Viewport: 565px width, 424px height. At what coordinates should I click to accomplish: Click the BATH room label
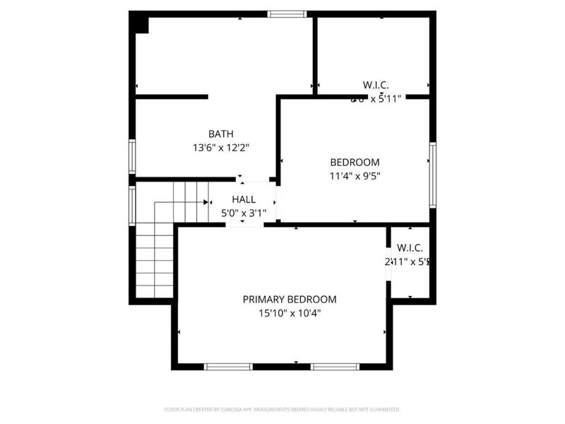tap(220, 134)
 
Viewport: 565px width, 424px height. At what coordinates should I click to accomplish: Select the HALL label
tap(244, 200)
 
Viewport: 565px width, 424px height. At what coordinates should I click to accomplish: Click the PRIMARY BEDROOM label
tap(290, 299)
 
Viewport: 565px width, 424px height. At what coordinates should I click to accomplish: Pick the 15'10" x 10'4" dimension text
tap(290, 313)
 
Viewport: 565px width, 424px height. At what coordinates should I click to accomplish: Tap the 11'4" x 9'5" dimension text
tap(355, 176)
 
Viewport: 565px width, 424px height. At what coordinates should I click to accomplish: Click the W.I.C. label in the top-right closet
tap(376, 85)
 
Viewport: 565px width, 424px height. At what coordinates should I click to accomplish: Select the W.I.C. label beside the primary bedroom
tap(410, 247)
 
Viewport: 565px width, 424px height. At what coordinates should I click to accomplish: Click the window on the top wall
tap(287, 13)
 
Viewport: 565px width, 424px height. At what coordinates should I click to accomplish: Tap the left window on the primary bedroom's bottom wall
tap(228, 366)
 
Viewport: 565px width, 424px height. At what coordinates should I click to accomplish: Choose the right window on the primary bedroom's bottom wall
tap(335, 366)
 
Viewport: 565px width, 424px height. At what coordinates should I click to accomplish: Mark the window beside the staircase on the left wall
tap(132, 206)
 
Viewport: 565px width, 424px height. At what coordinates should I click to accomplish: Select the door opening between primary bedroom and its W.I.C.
tap(388, 262)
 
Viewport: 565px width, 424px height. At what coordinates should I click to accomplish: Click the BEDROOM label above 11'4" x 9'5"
tap(355, 162)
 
